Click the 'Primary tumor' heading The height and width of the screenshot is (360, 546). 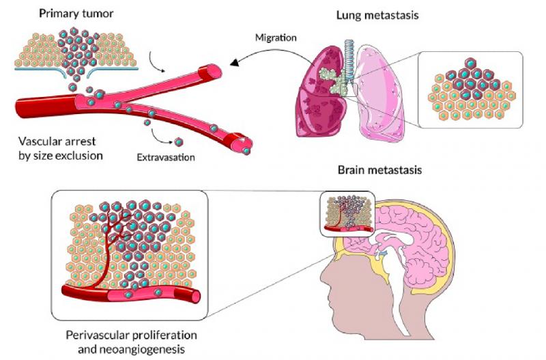[x=76, y=14]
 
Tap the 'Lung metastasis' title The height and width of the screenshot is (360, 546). [x=377, y=15]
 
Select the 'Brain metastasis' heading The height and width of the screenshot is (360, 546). [x=379, y=170]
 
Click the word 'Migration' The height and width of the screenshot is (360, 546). [x=276, y=38]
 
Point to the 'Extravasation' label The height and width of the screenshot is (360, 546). [x=166, y=158]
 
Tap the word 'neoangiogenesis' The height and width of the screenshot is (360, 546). [x=131, y=349]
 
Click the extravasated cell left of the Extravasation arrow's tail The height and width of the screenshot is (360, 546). [x=147, y=122]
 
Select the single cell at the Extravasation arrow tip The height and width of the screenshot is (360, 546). [x=179, y=142]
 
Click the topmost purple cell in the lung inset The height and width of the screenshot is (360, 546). [x=470, y=63]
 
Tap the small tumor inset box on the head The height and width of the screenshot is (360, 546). [x=347, y=214]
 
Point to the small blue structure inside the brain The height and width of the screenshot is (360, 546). [x=382, y=253]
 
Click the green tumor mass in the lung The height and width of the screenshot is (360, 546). [x=330, y=80]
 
